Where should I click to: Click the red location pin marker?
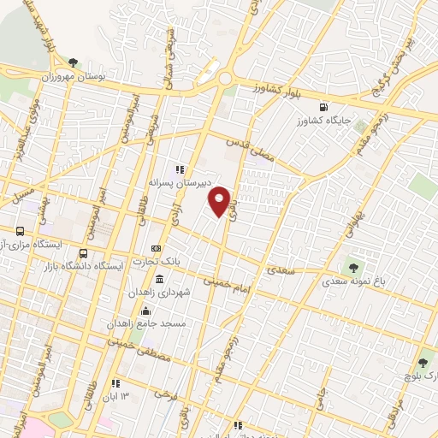point(221,200)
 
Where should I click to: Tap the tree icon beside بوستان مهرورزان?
point(74,62)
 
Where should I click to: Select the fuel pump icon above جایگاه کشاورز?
point(323,107)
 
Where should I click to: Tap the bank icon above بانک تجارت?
point(156,247)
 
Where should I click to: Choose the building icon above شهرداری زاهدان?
point(160,280)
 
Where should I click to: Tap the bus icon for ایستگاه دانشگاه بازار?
point(83,253)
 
